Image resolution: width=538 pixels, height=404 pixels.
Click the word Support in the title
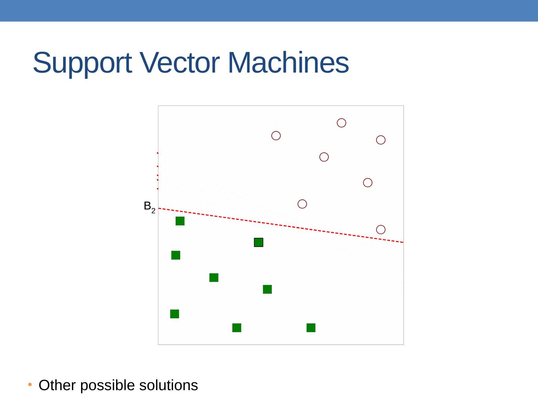82,63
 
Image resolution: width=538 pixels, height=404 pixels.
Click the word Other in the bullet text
57,385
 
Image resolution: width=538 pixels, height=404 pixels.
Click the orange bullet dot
30,385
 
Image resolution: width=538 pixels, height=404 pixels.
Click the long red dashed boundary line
280,225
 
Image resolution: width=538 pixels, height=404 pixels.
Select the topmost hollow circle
341,123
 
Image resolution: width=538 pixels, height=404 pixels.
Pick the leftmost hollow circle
276,136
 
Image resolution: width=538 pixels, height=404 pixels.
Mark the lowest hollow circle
381,230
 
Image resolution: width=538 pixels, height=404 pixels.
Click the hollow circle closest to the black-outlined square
302,204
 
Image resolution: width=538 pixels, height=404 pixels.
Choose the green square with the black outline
259,242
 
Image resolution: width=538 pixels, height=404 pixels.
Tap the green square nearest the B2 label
180,221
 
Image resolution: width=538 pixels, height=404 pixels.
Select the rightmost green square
311,328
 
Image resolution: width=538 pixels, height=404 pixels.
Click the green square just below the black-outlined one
267,289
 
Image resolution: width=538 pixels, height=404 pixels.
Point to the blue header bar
269,10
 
